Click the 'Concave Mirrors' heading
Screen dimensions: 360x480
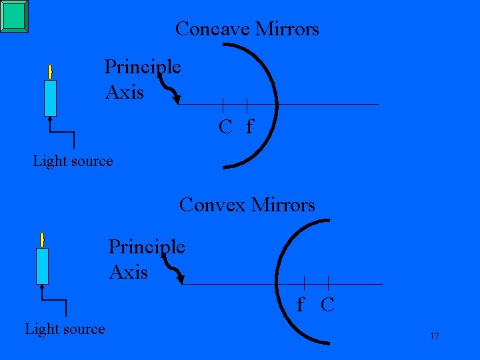click(247, 29)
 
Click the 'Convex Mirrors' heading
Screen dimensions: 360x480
click(247, 205)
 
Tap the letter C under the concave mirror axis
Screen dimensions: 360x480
click(225, 126)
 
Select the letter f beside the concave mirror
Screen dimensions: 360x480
click(249, 126)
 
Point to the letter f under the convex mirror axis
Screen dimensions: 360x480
click(301, 305)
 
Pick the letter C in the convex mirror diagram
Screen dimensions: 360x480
click(327, 305)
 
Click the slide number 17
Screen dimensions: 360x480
click(434, 336)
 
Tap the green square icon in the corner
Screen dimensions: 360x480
click(15, 16)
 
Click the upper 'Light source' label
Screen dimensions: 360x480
click(73, 161)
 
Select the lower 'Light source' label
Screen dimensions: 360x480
click(65, 329)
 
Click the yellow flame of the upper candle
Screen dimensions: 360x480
click(49, 71)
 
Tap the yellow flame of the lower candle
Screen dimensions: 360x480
click(42, 240)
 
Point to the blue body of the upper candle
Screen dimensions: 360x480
click(50, 98)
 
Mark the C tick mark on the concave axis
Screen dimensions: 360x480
click(223, 104)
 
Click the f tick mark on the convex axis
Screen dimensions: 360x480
click(304, 283)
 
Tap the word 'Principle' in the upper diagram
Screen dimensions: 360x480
click(143, 67)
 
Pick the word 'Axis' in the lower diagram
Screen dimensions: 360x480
click(128, 272)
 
